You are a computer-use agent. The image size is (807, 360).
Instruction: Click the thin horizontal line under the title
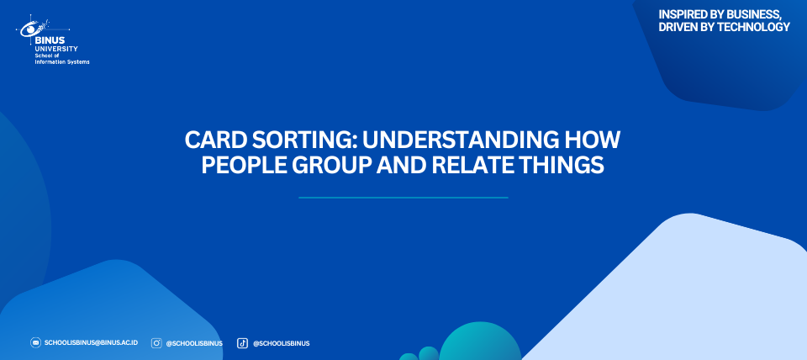[x=403, y=198]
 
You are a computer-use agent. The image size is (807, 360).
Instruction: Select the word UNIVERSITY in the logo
[x=56, y=49]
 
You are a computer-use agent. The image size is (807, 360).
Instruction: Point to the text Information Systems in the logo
[x=61, y=61]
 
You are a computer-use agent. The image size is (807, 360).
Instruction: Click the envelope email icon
[x=35, y=342]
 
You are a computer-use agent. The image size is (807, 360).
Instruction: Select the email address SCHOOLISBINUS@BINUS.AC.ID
[x=91, y=342]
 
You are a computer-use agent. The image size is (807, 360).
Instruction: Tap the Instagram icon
[x=156, y=343]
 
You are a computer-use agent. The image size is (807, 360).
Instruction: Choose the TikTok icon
[x=242, y=343]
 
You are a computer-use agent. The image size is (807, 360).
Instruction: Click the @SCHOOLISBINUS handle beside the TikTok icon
[x=281, y=343]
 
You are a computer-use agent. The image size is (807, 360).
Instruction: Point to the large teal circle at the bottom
[x=480, y=341]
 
